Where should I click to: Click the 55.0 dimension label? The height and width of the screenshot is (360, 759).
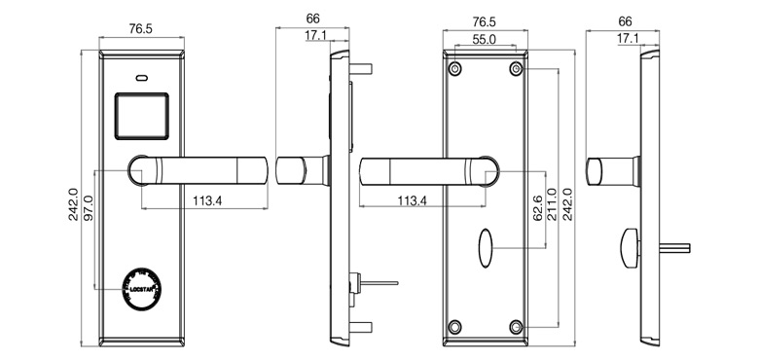pos(486,41)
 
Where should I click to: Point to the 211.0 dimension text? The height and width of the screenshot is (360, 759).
pos(552,204)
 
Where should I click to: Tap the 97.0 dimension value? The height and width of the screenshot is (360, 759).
pos(88,210)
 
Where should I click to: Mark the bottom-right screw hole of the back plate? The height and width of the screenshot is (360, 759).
pos(516,326)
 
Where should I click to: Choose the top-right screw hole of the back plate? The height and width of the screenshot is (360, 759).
pos(516,69)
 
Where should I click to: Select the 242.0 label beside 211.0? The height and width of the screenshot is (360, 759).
pos(568,204)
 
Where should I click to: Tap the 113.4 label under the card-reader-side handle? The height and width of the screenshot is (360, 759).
pos(203,200)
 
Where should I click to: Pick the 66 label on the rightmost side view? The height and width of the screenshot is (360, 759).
pos(625,19)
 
